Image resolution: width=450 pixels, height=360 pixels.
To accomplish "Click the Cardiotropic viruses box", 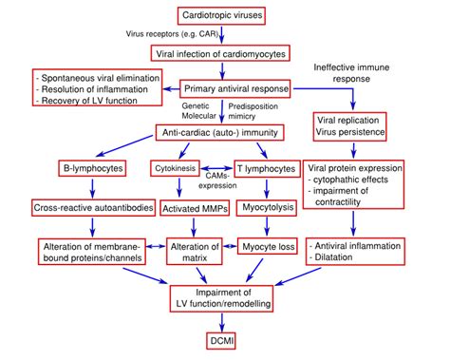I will [224, 15].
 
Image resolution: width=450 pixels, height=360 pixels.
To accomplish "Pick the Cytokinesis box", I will [197, 169].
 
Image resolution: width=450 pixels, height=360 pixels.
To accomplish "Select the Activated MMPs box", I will [197, 208].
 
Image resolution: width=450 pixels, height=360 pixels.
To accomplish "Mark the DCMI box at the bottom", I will [224, 339].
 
